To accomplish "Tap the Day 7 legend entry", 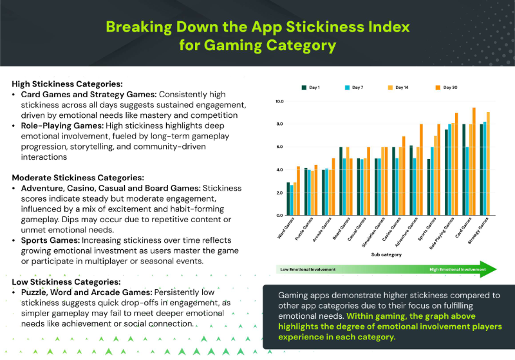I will pos(355,87).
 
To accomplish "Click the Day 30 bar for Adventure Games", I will pos(421,169).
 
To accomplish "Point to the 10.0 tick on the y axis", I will pos(279,101).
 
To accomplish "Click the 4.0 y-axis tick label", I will pos(279,170).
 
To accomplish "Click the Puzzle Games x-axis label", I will pos(304,230).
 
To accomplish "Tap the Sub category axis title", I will pos(387,254).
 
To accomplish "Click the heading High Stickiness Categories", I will pos(67,84).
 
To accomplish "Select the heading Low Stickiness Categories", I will pos(66,281).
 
